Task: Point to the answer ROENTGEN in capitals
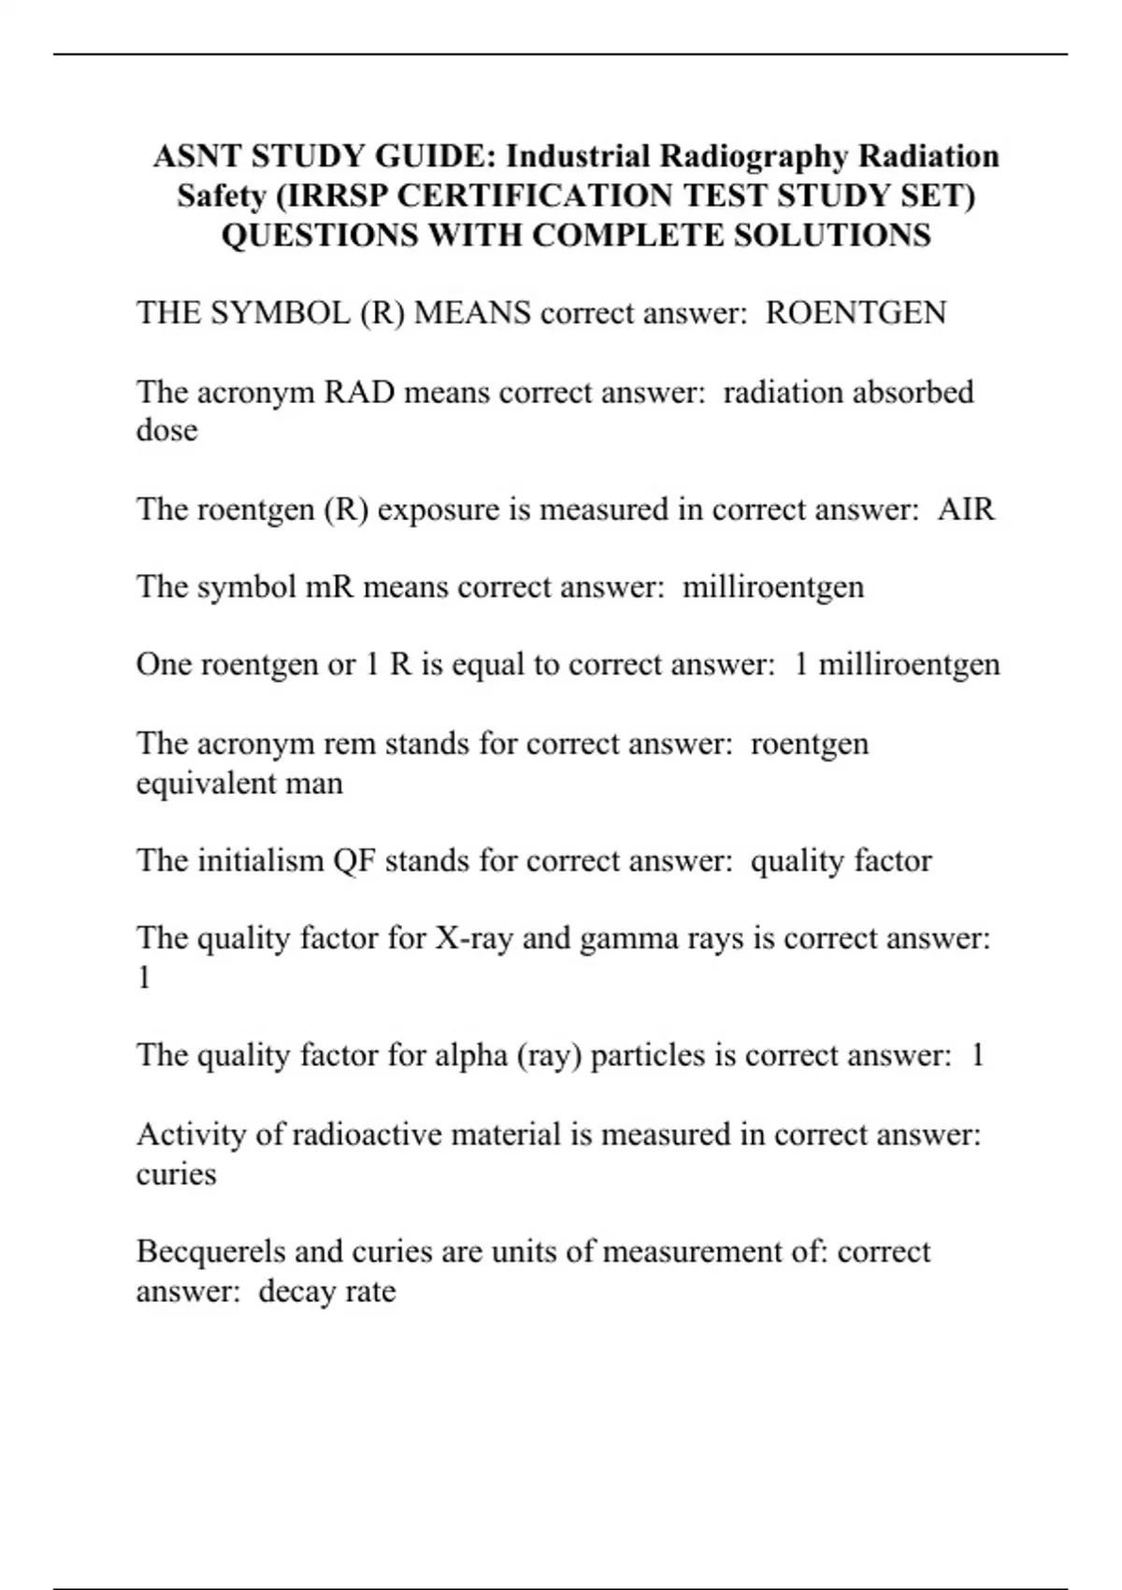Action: click(x=856, y=312)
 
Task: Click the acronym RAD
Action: click(x=359, y=391)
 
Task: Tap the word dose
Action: click(x=166, y=430)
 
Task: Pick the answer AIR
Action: click(x=966, y=509)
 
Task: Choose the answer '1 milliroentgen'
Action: click(x=897, y=664)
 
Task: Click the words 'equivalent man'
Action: click(x=239, y=783)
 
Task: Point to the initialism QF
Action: click(x=354, y=860)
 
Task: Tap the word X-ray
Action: click(x=474, y=937)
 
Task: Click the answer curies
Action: click(x=176, y=1174)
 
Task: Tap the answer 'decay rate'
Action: click(x=327, y=1292)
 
